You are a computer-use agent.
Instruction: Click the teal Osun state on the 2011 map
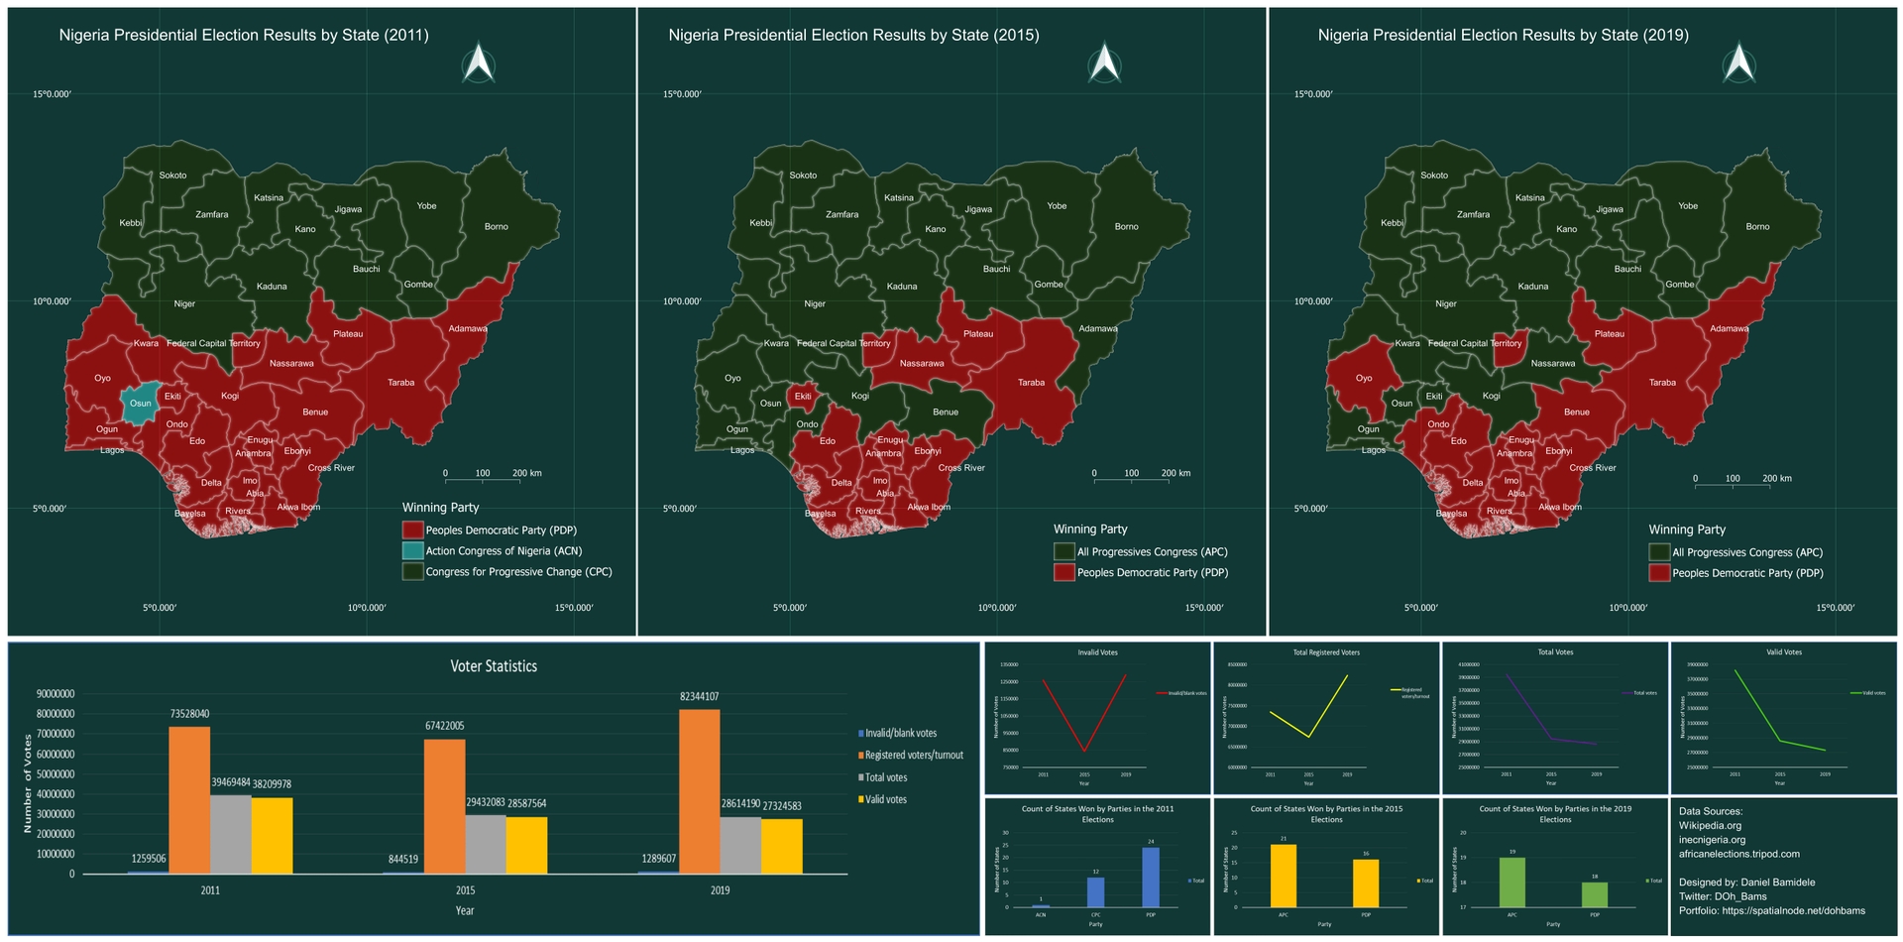(140, 403)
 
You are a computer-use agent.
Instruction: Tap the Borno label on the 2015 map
(1126, 227)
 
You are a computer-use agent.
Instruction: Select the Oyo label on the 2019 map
(1364, 378)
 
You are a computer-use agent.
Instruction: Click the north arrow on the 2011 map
(479, 63)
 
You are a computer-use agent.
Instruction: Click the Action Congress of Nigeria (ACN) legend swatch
(412, 551)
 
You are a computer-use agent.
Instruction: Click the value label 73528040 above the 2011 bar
(189, 714)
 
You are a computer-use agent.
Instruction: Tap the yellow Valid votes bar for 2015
(526, 845)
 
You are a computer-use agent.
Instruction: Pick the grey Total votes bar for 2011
(231, 834)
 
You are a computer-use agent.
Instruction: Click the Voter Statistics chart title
(494, 666)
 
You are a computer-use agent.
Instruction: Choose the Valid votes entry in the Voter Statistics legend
(884, 799)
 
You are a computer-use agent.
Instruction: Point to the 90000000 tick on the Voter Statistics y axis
(55, 694)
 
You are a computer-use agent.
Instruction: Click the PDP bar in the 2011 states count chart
(1151, 878)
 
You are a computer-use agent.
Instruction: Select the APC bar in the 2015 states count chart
(1284, 876)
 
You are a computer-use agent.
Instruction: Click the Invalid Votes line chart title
(1097, 652)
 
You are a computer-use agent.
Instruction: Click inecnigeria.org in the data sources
(1712, 840)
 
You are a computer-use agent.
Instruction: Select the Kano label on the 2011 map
(305, 229)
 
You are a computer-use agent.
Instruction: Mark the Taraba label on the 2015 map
(1031, 383)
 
